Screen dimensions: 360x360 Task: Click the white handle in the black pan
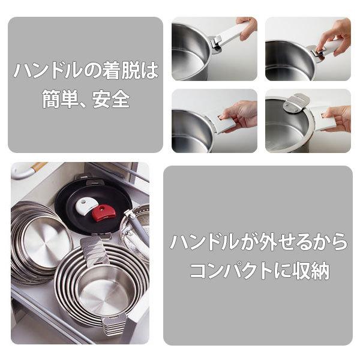tap(86, 206)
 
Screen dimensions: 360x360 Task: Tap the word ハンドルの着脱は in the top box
tap(85, 71)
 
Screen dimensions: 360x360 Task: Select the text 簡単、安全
tap(85, 99)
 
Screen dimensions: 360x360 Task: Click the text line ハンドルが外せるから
tap(258, 242)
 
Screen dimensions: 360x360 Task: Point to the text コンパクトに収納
tap(258, 271)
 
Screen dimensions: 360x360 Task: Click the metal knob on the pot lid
tap(294, 103)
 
